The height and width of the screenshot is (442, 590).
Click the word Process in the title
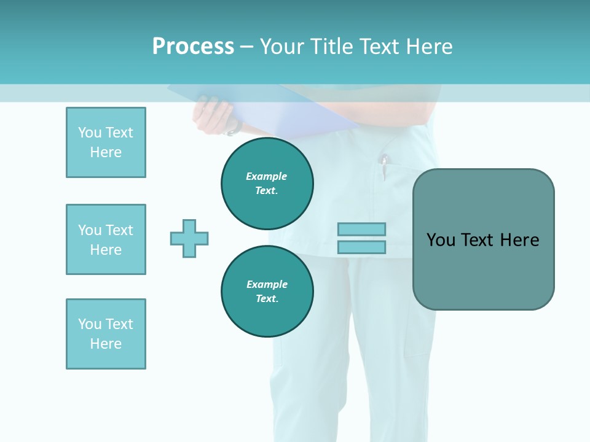(x=193, y=47)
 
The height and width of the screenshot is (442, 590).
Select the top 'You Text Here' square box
(x=106, y=142)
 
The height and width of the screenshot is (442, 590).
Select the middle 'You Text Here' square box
(x=106, y=239)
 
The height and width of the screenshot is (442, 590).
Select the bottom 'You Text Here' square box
(x=106, y=334)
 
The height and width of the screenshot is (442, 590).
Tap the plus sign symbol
(x=189, y=238)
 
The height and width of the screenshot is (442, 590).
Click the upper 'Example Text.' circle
(x=267, y=184)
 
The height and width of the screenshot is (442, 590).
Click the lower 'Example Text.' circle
(x=267, y=292)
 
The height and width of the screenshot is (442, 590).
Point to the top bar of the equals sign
(x=361, y=229)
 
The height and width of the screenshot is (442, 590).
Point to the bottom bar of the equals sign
(x=361, y=247)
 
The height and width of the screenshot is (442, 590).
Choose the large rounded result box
(x=483, y=239)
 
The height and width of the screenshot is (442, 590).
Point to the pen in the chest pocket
(x=384, y=167)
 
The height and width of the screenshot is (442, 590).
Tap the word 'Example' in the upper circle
(x=266, y=176)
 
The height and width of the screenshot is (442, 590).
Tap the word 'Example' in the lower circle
(x=267, y=284)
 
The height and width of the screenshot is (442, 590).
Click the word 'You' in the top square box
(x=90, y=133)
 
